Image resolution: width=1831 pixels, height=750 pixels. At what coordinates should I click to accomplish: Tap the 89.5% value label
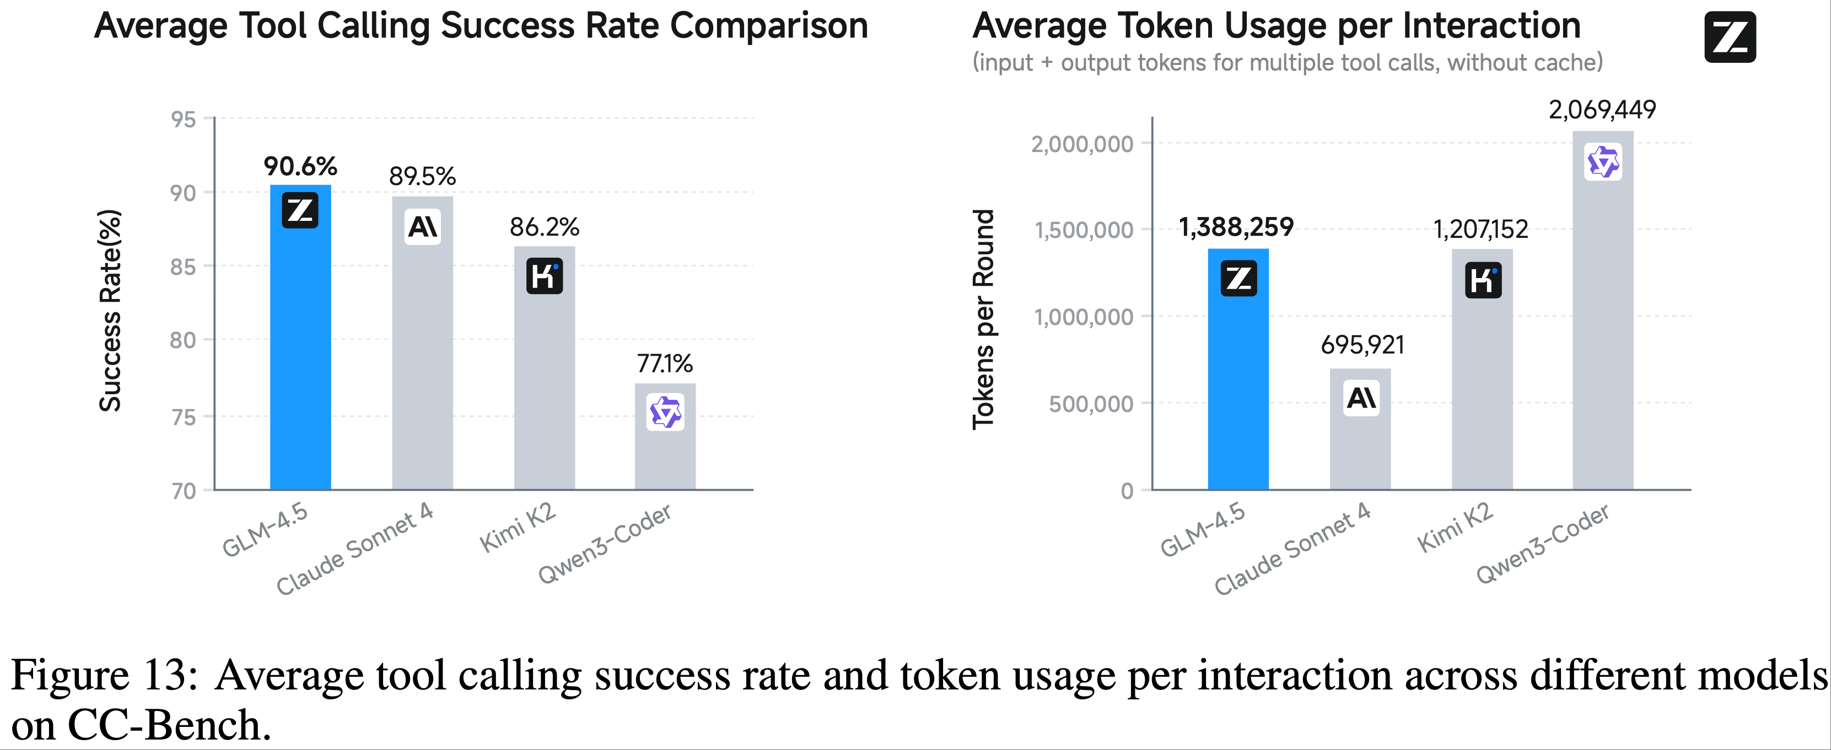[x=422, y=176]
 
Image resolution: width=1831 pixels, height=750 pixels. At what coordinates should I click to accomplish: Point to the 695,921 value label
[x=1362, y=345]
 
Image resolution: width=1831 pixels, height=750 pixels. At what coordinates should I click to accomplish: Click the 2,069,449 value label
[x=1602, y=110]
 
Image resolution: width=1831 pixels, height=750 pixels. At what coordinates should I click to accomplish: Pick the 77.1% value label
[x=665, y=363]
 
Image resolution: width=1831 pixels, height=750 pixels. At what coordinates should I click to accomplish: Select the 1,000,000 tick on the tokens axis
[x=1083, y=317]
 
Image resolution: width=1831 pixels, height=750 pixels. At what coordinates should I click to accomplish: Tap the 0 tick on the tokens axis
[x=1127, y=491]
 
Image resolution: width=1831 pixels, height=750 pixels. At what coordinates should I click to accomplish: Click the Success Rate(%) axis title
[x=110, y=311]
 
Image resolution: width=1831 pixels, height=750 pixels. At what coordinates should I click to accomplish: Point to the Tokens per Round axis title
[x=983, y=319]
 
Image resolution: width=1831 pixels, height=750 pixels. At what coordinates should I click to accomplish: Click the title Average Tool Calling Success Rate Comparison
[x=481, y=26]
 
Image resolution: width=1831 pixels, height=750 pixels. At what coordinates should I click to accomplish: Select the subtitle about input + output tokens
[x=1287, y=63]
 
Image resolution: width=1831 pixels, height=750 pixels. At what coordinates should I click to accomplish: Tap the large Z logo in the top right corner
[x=1730, y=37]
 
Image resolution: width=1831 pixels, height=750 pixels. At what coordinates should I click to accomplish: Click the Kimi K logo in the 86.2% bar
[x=545, y=276]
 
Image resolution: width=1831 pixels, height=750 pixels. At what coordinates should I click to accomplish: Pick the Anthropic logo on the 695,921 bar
[x=1361, y=398]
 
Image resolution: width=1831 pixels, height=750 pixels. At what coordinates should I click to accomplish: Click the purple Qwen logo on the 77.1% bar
[x=665, y=412]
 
